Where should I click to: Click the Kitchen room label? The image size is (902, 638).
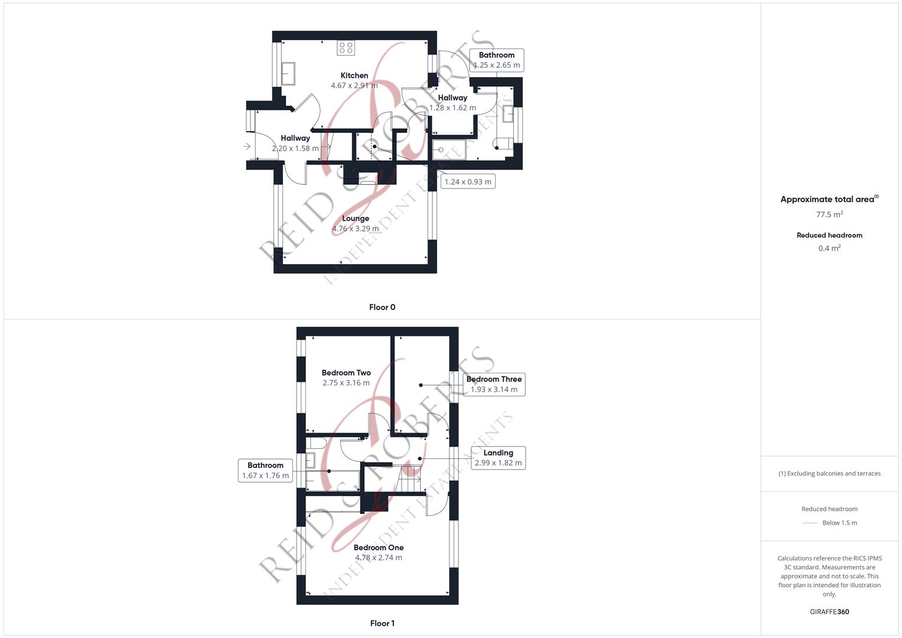(354, 76)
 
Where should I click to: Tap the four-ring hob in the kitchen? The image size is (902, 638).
(346, 48)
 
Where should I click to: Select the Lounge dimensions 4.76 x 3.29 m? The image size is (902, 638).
(355, 229)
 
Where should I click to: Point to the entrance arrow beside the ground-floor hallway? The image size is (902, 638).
(247, 147)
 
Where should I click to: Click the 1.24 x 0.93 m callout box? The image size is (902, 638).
(467, 182)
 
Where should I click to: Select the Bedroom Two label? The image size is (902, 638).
(346, 373)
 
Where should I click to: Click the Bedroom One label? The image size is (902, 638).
(379, 548)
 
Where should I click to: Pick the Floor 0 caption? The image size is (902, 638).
(382, 307)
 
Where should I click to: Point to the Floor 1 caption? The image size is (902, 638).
(382, 623)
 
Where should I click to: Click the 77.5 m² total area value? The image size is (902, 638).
(829, 214)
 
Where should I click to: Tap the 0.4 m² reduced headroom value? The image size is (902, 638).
(829, 248)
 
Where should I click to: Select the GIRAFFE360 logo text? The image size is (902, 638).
(829, 612)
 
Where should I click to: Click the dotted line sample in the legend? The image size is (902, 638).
(810, 523)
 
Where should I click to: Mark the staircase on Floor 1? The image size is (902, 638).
(411, 479)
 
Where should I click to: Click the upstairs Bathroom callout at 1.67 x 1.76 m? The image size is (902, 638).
(265, 470)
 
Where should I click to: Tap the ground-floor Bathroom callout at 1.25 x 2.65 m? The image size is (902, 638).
(497, 60)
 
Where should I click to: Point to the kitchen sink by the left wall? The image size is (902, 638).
(288, 73)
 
